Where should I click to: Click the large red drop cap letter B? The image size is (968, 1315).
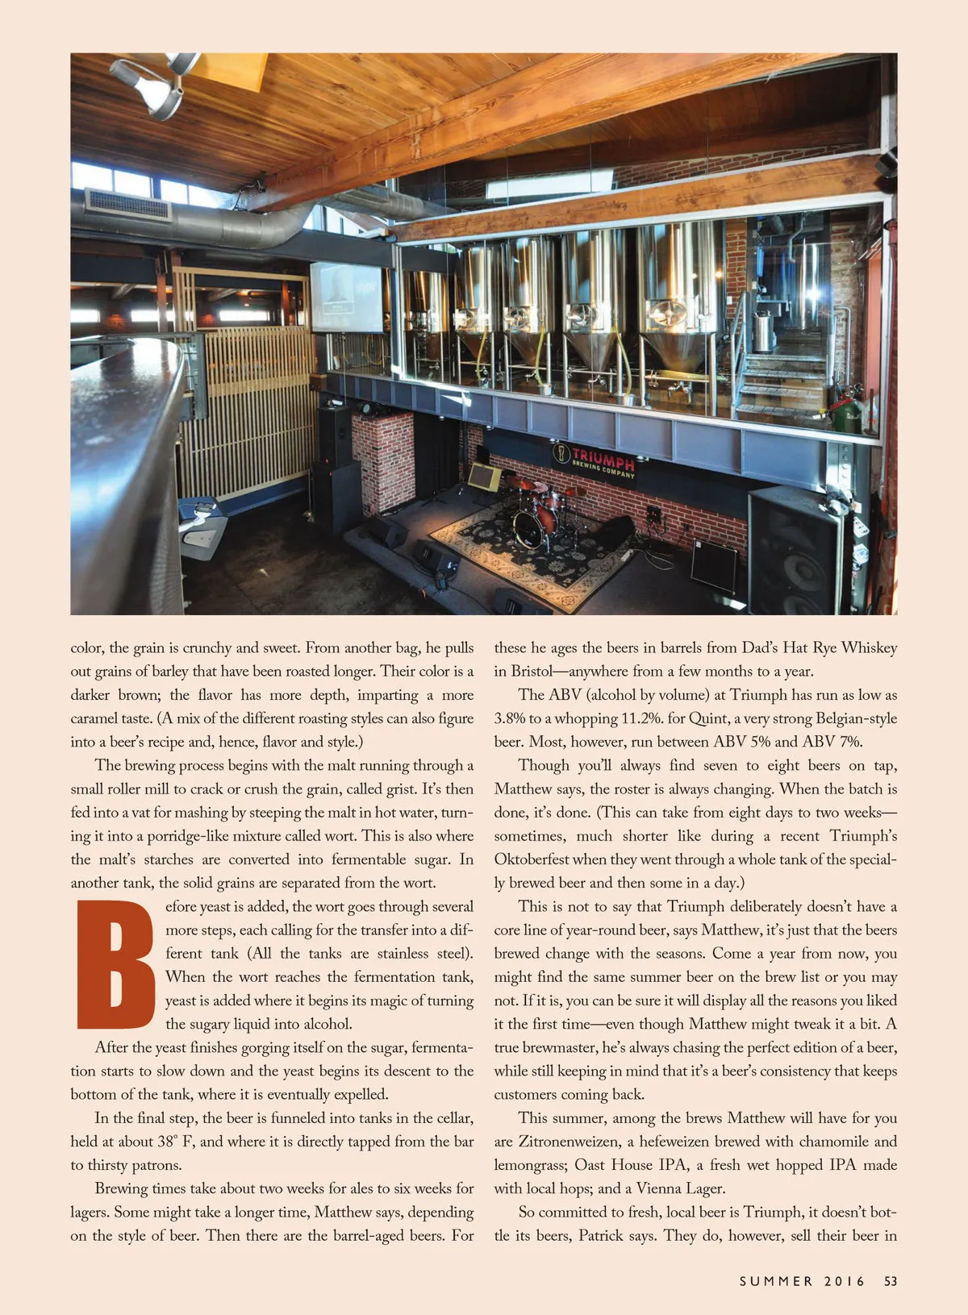click(115, 964)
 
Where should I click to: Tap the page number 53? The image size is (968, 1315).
click(890, 1281)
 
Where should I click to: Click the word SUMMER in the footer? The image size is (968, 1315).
click(776, 1281)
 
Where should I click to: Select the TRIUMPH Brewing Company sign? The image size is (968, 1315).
click(595, 461)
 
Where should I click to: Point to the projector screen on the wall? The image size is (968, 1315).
click(347, 296)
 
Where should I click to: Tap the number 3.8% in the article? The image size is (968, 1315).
click(510, 718)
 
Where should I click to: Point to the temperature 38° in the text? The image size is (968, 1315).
click(166, 1142)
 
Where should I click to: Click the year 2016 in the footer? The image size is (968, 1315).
click(845, 1281)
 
